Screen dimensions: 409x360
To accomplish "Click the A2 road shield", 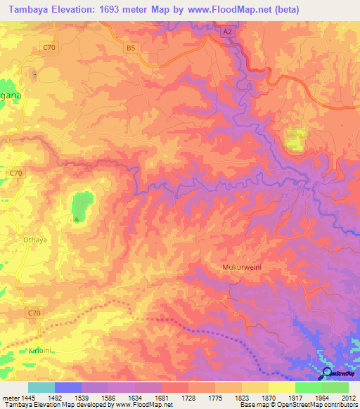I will (226, 32).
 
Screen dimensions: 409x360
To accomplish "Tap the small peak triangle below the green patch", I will (77, 219).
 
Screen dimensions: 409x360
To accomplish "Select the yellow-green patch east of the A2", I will (295, 140).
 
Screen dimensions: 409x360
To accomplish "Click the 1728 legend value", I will (188, 397).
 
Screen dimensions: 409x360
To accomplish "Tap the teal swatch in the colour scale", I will (41, 387).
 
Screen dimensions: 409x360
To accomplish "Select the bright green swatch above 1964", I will (308, 387).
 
